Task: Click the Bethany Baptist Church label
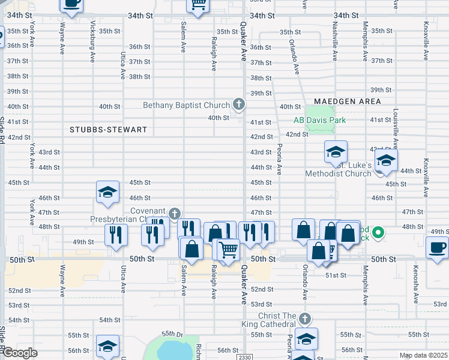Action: coord(186,106)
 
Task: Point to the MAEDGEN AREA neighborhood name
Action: coord(347,101)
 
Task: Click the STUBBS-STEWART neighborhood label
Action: coord(99,130)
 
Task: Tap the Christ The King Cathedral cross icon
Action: coord(305,318)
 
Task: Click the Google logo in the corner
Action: coord(19,353)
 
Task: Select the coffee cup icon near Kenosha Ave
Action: coord(437,247)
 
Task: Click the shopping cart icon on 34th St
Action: coord(197,4)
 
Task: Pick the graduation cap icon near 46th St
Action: coord(107,192)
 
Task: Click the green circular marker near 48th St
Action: coord(378,232)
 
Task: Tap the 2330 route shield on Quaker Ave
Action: coord(243,357)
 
